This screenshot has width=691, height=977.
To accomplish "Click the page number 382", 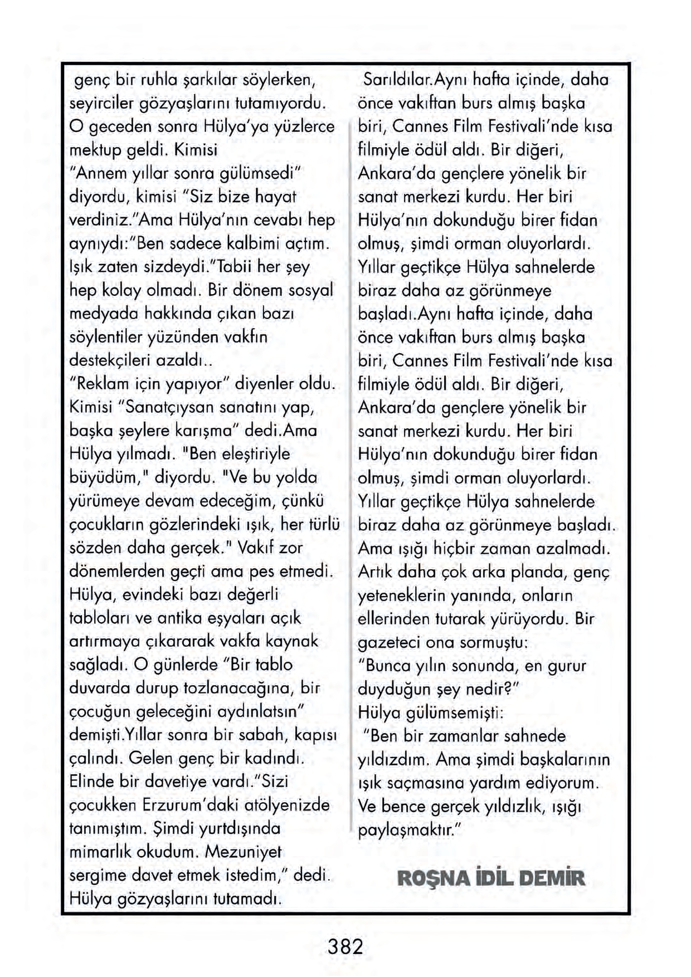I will pos(345,946).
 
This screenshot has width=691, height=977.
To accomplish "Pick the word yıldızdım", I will pos(393,759).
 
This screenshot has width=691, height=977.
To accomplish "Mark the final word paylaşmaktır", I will pos(407,829).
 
